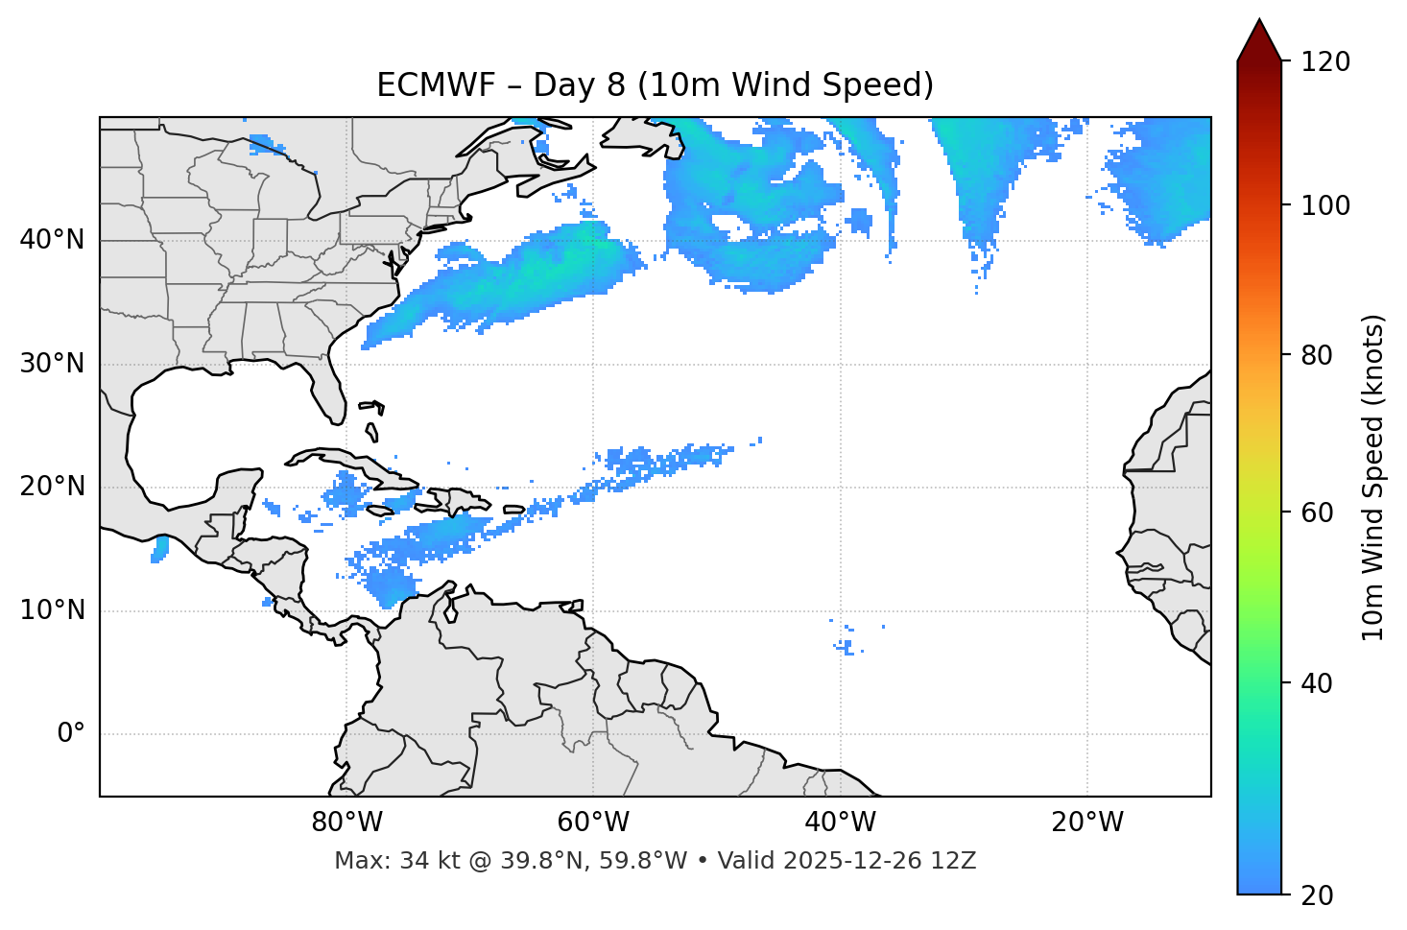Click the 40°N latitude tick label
[x=52, y=240]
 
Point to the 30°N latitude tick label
[x=52, y=364]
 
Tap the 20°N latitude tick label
[x=52, y=487]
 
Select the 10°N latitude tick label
[x=52, y=610]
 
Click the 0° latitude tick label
[x=71, y=734]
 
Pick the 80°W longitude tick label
[x=346, y=823]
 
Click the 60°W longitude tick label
[x=593, y=823]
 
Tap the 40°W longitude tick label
[x=840, y=823]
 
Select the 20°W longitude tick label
[x=1087, y=823]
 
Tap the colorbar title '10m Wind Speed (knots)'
[x=1373, y=477]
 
